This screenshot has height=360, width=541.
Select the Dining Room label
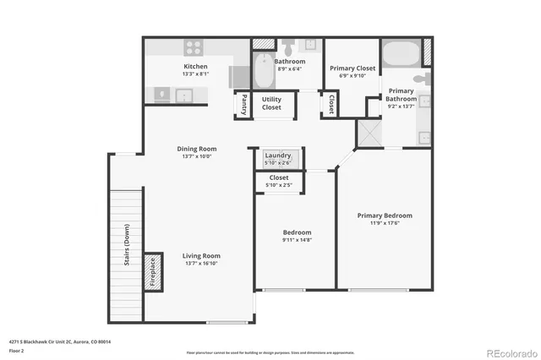[x=196, y=149]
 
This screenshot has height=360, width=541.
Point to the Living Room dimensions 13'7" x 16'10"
[x=202, y=264]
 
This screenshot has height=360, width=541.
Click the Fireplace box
[x=153, y=273]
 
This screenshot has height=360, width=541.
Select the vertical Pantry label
[x=243, y=104]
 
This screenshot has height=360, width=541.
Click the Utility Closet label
[x=271, y=103]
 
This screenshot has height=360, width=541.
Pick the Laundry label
[x=278, y=155]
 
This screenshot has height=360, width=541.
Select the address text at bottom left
[x=60, y=341]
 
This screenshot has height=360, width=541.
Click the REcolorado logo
[x=508, y=352]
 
